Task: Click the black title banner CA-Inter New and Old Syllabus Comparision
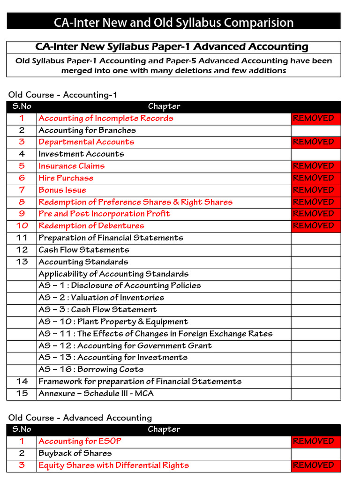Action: [173, 22]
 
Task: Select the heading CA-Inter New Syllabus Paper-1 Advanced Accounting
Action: [172, 47]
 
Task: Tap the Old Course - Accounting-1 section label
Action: [63, 95]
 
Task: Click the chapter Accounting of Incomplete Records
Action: [106, 118]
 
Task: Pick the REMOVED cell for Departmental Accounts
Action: [315, 142]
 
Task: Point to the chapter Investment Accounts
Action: [81, 154]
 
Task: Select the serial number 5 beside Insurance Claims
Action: [22, 166]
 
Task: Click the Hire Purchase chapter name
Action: [66, 178]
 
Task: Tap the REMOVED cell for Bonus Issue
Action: [315, 190]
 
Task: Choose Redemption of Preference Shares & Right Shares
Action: [135, 202]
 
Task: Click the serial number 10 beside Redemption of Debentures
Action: [22, 226]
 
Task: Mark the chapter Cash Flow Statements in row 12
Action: [84, 250]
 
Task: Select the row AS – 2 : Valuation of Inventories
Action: [101, 298]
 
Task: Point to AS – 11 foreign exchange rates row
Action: [155, 334]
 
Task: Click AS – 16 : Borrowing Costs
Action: [91, 369]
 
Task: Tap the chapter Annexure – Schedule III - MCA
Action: [96, 393]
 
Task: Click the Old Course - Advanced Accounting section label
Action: [80, 418]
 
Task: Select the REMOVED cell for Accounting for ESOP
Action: [315, 441]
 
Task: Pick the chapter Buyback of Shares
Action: [75, 453]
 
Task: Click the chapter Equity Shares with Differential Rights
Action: [114, 465]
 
